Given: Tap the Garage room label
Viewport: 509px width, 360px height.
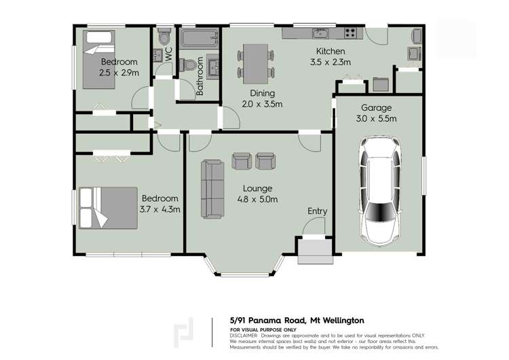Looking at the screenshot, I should pyautogui.click(x=378, y=107).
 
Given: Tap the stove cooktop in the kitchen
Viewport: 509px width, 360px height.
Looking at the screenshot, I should pyautogui.click(x=350, y=33).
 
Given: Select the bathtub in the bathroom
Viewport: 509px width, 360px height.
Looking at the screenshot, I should pyautogui.click(x=200, y=37).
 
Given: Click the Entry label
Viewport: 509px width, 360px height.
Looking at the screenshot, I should pyautogui.click(x=317, y=211).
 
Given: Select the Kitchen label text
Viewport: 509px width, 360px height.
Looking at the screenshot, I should pyautogui.click(x=331, y=52).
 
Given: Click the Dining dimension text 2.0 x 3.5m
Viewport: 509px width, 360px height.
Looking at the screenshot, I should pyautogui.click(x=261, y=104).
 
